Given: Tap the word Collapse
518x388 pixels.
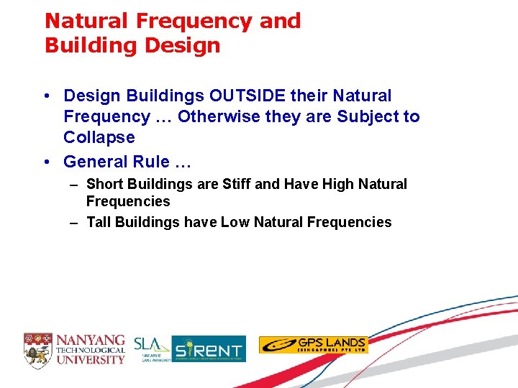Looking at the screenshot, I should point(99,137).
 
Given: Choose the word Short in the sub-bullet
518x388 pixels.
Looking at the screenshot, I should point(104,185).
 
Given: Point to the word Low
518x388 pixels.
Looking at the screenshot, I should point(235,222).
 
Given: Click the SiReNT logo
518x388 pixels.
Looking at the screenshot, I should point(209,349).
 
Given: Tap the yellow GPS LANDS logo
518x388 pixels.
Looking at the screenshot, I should point(313,345).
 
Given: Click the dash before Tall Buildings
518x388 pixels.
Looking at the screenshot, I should point(74,223).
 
